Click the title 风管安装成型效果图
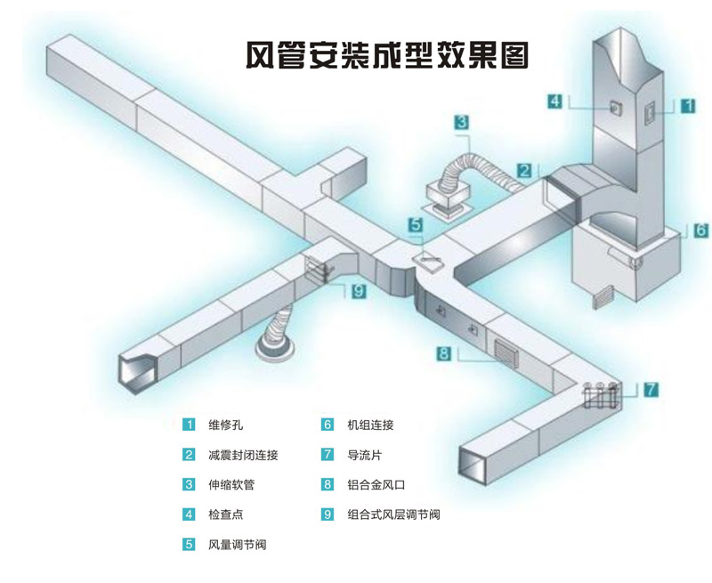click(387, 55)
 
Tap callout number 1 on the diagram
click(688, 105)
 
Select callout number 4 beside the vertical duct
click(554, 101)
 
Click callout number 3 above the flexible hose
click(462, 123)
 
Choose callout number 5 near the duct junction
click(416, 225)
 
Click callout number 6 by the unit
click(700, 230)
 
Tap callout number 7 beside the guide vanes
click(651, 389)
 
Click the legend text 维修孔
click(225, 425)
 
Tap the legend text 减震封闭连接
click(243, 455)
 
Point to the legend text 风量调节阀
click(237, 544)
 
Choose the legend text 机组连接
click(370, 425)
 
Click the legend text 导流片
click(365, 455)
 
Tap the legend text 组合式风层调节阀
click(394, 514)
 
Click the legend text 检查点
click(225, 514)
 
